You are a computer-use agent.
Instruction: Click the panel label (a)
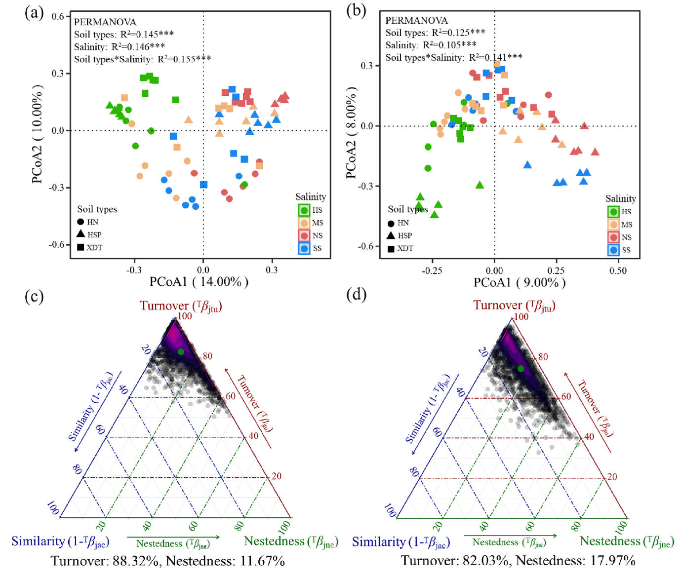click(34, 12)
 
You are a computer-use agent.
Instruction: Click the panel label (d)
click(357, 295)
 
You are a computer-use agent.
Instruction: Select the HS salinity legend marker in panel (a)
click(304, 210)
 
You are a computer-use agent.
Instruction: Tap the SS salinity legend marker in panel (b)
click(613, 250)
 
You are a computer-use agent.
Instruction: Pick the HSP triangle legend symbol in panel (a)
click(81, 234)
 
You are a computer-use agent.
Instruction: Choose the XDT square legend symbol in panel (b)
click(391, 248)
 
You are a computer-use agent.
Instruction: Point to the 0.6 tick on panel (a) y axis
click(58, 16)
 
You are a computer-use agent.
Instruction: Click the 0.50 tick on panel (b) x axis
click(618, 270)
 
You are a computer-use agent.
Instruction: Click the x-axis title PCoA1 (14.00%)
click(199, 282)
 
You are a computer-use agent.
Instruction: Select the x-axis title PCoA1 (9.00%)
click(520, 282)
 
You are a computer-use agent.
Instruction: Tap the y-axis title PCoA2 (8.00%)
click(351, 132)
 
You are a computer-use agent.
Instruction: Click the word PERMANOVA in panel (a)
click(105, 22)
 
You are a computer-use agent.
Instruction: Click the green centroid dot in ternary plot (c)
click(181, 352)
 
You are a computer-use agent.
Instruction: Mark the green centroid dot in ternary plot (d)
click(521, 369)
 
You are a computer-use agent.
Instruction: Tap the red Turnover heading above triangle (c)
click(181, 306)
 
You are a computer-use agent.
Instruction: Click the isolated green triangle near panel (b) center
click(480, 185)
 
